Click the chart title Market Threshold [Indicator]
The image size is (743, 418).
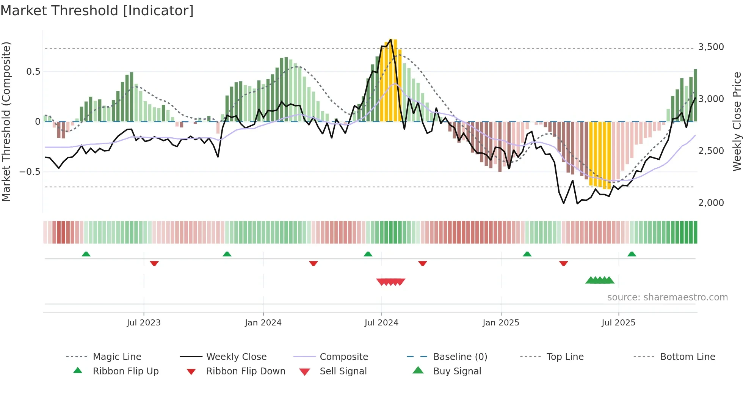(x=97, y=11)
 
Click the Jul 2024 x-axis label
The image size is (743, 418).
(x=381, y=323)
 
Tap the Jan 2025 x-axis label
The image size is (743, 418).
(x=501, y=323)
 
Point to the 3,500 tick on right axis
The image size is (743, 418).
(x=711, y=47)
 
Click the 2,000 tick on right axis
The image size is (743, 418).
(x=711, y=203)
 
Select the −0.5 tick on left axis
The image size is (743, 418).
(x=30, y=172)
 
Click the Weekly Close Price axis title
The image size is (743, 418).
(x=737, y=121)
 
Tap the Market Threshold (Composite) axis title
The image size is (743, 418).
(x=6, y=121)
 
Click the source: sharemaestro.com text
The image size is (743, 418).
(x=667, y=297)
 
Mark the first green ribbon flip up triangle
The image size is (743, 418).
(x=86, y=254)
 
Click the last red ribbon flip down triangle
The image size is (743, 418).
(x=563, y=263)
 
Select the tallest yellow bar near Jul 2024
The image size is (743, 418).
(x=391, y=80)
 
